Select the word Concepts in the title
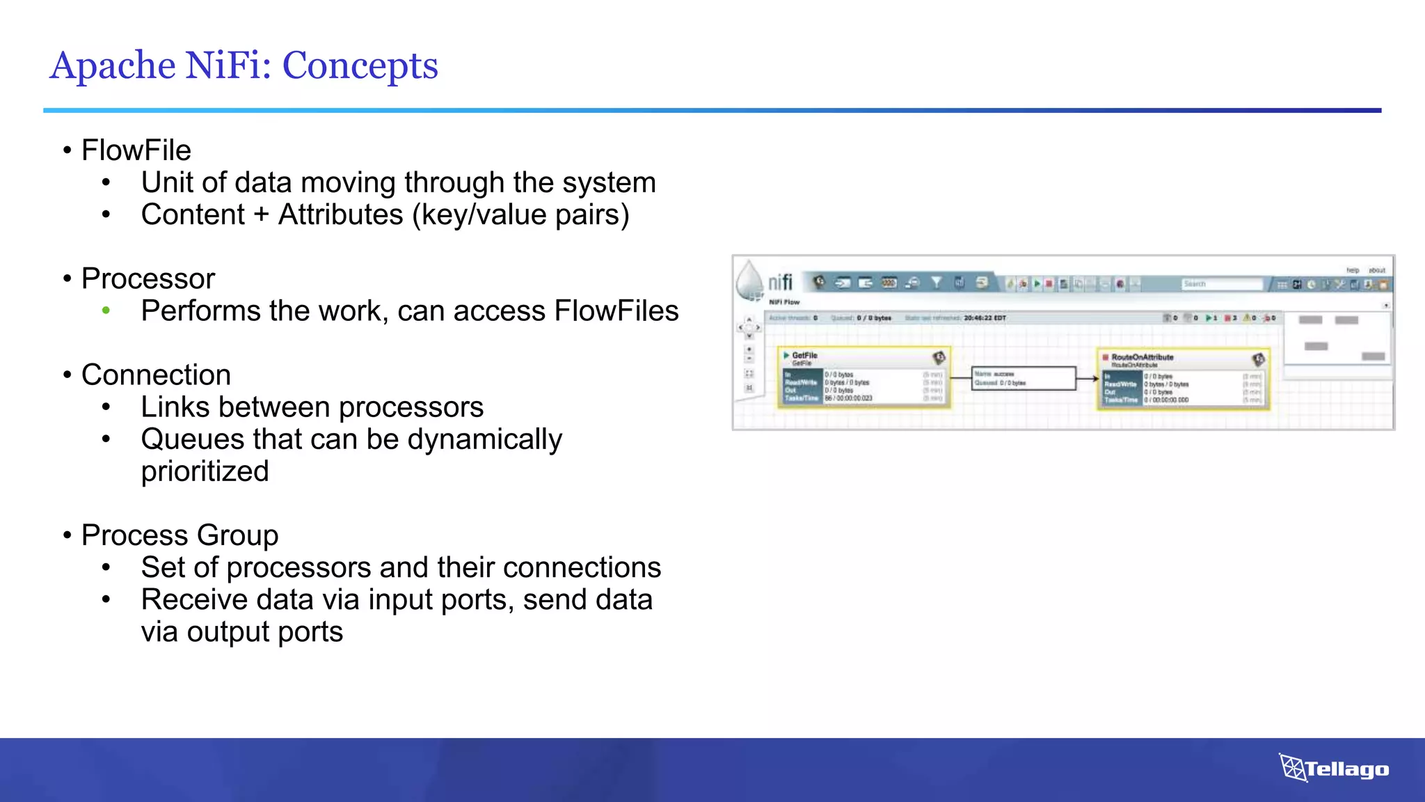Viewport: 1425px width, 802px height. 360,65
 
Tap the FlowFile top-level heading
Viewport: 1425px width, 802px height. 136,150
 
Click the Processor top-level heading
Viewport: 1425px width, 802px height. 148,278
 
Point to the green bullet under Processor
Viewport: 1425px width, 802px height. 106,310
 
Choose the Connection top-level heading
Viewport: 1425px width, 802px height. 156,375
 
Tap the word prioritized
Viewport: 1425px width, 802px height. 205,471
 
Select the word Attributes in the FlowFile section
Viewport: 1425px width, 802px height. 340,214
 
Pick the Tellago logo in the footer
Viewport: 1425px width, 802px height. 1334,768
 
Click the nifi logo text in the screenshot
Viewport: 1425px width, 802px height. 780,282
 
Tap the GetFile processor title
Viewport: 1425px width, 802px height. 804,355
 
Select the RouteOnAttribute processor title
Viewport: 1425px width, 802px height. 1142,357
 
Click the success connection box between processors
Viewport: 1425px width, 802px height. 1023,378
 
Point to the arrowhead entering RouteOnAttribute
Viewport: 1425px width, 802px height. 1093,379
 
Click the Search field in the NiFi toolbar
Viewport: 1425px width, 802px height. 1221,284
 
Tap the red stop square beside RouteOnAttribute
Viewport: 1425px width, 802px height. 1105,357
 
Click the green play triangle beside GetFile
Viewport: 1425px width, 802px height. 786,355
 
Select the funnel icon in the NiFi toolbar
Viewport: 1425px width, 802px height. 937,283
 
